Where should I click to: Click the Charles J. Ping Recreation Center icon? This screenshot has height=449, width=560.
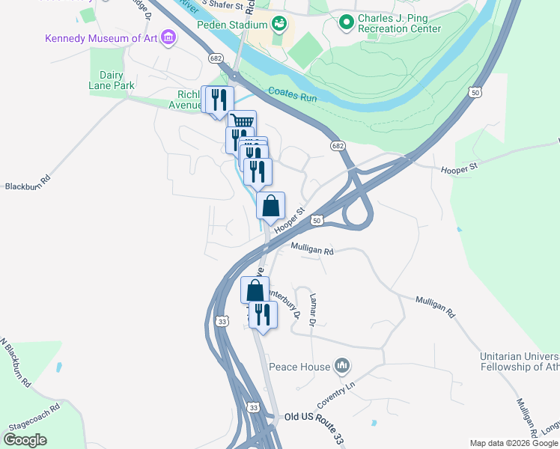346,23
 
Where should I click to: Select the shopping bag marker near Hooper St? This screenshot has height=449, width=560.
271,204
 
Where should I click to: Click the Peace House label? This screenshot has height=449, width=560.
299,367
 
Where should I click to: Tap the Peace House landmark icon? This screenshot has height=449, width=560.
343,366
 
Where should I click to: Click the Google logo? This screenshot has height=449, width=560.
25,439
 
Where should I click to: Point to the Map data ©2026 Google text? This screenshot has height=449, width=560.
514,443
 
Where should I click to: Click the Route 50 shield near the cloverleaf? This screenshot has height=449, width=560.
317,221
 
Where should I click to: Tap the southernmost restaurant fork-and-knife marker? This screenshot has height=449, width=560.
263,313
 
